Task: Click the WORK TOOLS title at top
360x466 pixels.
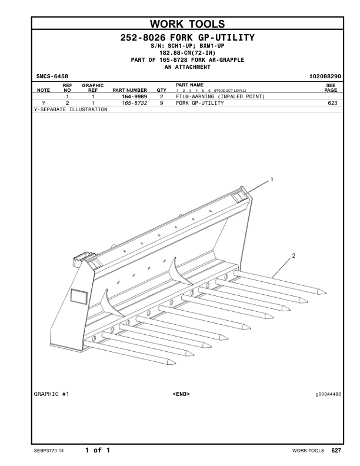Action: coord(188,24)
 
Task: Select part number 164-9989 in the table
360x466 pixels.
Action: coord(134,96)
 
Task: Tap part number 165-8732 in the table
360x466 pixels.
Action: coord(134,103)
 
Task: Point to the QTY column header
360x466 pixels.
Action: coord(161,91)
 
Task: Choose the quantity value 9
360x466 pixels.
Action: coord(161,103)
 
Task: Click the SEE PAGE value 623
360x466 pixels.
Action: coord(332,103)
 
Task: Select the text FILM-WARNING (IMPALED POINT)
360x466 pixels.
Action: coord(220,96)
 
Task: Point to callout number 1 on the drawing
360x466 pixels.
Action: coord(272,179)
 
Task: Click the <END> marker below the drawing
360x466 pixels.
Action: coord(181,394)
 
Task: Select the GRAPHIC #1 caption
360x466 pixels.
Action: coord(52,394)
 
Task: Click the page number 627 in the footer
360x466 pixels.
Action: coord(336,451)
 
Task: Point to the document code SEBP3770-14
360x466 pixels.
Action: coord(50,451)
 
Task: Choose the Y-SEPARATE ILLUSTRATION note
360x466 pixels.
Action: coord(71,109)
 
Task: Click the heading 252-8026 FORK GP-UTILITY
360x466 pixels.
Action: coord(188,38)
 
